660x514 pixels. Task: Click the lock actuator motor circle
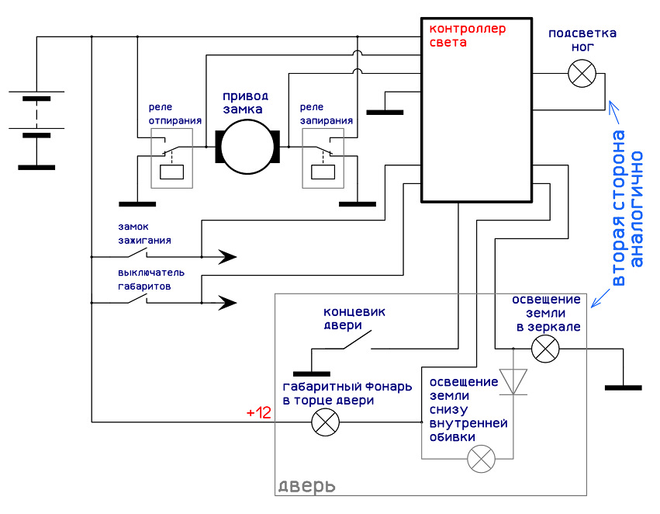(x=247, y=147)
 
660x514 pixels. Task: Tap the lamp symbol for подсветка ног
(x=582, y=73)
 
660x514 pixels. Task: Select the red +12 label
(x=258, y=412)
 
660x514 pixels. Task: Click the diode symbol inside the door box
(x=513, y=382)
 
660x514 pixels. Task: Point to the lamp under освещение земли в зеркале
(x=545, y=349)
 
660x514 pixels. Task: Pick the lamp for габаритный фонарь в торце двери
(x=326, y=422)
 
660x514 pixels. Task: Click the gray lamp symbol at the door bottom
(x=481, y=458)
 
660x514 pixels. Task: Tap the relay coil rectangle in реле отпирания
(x=171, y=172)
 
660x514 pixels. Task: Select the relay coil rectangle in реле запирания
(x=323, y=172)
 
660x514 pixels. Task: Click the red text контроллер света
(x=467, y=36)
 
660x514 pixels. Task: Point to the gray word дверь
(x=307, y=487)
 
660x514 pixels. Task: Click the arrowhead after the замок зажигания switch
(x=227, y=256)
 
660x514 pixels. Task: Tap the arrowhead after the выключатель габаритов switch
(x=227, y=303)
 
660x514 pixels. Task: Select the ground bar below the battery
(x=36, y=167)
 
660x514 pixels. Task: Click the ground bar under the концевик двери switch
(x=312, y=373)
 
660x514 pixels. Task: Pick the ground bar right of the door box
(x=624, y=387)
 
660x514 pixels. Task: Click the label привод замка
(x=245, y=102)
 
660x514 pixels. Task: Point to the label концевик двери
(x=354, y=318)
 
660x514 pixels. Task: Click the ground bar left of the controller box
(x=385, y=113)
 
